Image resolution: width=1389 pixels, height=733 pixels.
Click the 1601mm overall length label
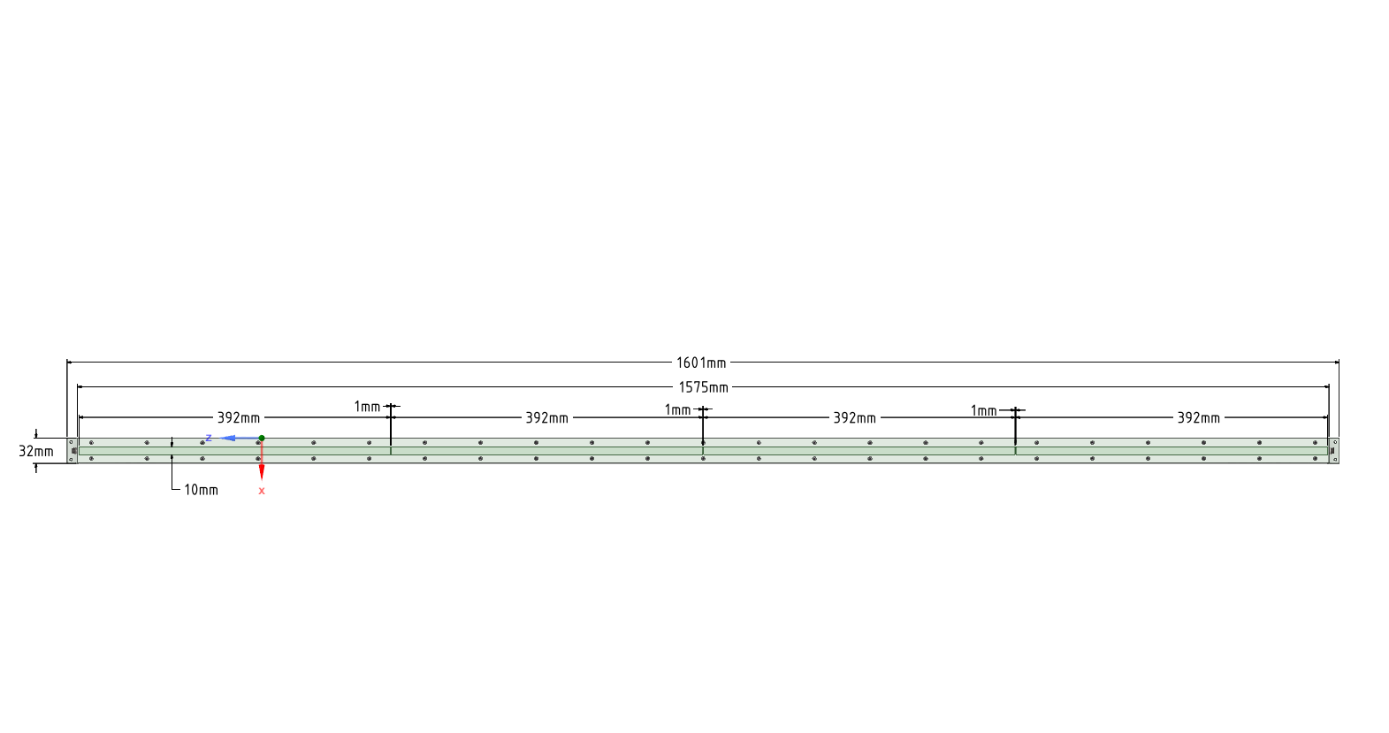point(701,363)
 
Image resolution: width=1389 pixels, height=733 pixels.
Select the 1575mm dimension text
point(703,387)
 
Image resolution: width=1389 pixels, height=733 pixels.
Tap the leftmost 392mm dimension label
point(239,417)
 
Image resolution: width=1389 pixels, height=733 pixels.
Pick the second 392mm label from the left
point(546,417)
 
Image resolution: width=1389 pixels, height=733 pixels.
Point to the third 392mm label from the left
point(854,417)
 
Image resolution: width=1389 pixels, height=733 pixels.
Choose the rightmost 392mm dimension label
point(1198,417)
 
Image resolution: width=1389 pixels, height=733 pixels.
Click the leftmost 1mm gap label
point(367,407)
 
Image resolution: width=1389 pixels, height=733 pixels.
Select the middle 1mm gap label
point(677,409)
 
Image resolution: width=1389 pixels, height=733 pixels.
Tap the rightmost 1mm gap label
point(983,410)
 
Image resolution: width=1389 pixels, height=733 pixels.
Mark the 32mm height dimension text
point(36,451)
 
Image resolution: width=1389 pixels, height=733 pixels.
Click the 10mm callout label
point(201,490)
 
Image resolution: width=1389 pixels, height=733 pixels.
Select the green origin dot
point(262,438)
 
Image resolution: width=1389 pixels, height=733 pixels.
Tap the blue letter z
point(209,438)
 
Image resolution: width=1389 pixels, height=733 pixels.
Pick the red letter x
point(262,491)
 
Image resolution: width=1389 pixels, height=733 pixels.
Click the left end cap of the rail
point(73,450)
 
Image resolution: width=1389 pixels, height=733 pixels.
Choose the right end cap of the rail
point(1334,450)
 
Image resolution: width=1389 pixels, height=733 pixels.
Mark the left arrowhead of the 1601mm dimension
point(70,363)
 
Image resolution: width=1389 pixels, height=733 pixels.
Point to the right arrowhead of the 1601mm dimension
point(1336,363)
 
